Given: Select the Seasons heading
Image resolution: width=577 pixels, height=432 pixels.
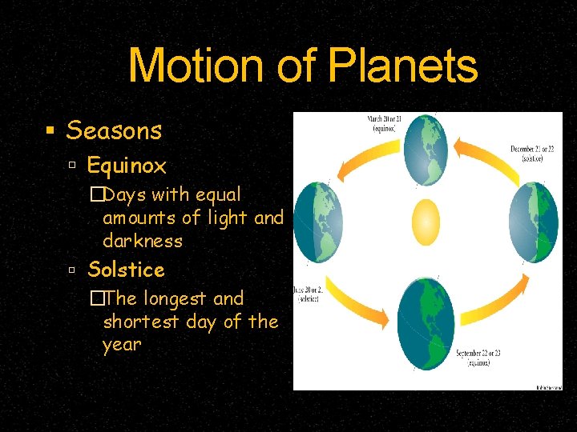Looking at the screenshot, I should [x=114, y=130].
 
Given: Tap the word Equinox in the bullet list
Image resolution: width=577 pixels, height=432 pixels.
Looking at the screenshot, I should [x=127, y=166].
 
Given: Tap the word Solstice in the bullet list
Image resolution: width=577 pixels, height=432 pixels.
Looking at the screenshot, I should [x=126, y=270].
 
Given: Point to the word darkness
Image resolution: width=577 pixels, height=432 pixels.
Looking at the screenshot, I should [x=143, y=241].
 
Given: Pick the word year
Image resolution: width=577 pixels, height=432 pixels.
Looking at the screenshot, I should [x=122, y=345].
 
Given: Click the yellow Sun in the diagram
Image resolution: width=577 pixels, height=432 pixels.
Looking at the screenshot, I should [x=426, y=222].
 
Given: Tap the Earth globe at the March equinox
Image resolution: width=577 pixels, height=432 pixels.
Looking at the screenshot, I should [x=426, y=151].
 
